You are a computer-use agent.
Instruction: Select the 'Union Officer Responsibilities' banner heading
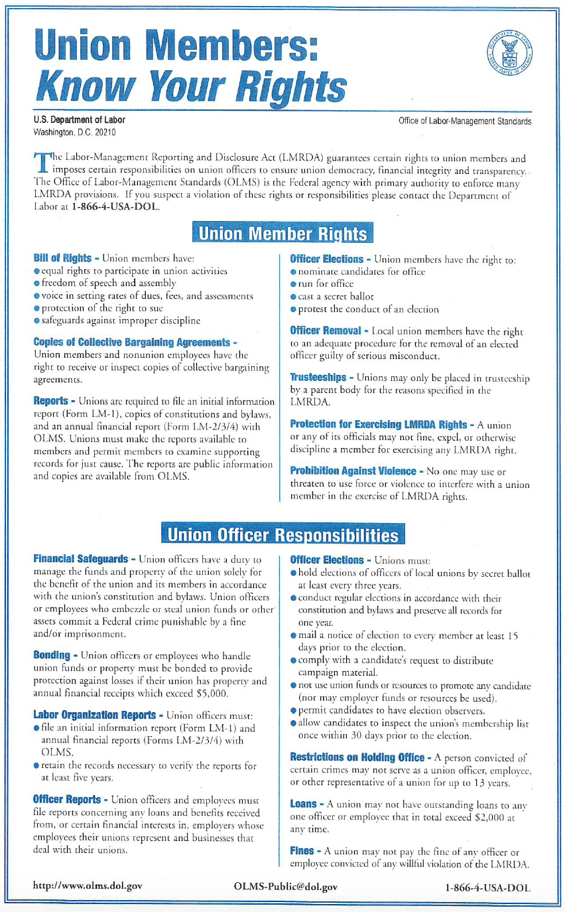tap(282, 535)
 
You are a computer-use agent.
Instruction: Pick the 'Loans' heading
tap(303, 804)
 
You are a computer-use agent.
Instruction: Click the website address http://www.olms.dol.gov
tap(88, 886)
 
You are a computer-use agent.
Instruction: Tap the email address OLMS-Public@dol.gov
tap(286, 886)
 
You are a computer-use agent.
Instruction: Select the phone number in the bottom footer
tap(488, 887)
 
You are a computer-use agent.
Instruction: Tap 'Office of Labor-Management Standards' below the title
tap(465, 121)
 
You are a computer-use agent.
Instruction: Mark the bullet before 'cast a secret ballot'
tap(294, 296)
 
